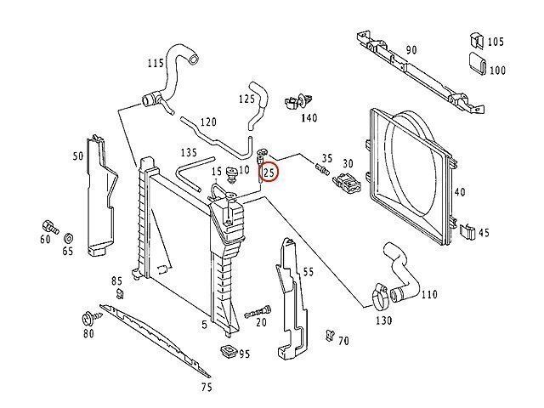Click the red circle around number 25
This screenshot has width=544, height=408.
pos(269,173)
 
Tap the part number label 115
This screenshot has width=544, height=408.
pos(155,63)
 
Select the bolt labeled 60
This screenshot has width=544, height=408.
pos(48,227)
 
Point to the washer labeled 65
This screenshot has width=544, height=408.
pos(68,235)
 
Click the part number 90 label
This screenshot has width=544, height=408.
pos(411,50)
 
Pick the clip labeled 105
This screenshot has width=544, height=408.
pos(476,40)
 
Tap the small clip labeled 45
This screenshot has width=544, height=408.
pos(466,229)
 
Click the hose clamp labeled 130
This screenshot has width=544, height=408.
pos(382,297)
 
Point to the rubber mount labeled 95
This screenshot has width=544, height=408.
pos(227,351)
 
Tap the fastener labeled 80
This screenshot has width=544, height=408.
pos(88,320)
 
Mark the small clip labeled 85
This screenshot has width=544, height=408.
pos(119,293)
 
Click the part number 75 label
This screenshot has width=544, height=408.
pos(207,388)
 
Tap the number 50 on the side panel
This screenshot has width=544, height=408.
pos(77,156)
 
